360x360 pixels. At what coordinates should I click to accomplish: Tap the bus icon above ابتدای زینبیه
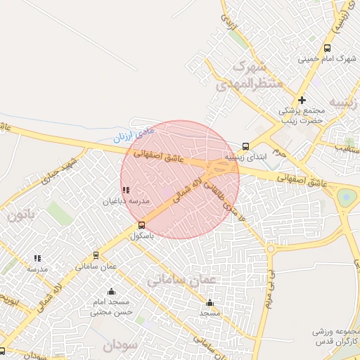pyautogui.click(x=245, y=146)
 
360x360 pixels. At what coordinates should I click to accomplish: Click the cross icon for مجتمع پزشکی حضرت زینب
pyautogui.click(x=302, y=101)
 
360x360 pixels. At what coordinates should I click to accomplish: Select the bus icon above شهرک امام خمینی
pyautogui.click(x=327, y=48)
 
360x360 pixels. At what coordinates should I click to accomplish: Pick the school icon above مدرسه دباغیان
pyautogui.click(x=125, y=190)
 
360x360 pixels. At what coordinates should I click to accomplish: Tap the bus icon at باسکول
pyautogui.click(x=142, y=226)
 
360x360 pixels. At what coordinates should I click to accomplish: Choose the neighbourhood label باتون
pyautogui.click(x=25, y=214)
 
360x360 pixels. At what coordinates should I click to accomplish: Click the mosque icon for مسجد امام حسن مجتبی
pyautogui.click(x=110, y=292)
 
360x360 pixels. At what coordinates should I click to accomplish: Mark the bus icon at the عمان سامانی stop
pyautogui.click(x=96, y=255)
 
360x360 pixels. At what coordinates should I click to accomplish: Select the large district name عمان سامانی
pyautogui.click(x=184, y=279)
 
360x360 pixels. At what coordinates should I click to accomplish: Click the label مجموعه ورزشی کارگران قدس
pyautogui.click(x=335, y=335)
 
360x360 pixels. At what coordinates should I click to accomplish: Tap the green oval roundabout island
pyautogui.click(x=346, y=198)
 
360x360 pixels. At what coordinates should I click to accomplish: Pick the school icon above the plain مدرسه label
pyautogui.click(x=37, y=258)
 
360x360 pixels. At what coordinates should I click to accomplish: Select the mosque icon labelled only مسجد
pyautogui.click(x=210, y=303)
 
